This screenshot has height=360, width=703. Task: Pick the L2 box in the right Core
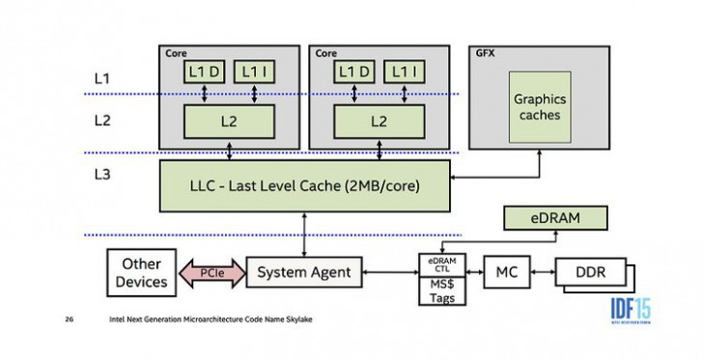(x=380, y=122)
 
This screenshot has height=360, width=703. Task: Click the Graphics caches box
(x=538, y=107)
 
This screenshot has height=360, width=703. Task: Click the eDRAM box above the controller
(x=555, y=218)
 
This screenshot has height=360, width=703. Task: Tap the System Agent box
(x=303, y=272)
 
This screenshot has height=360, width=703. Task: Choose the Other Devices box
(x=140, y=272)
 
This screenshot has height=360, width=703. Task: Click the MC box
(x=507, y=273)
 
